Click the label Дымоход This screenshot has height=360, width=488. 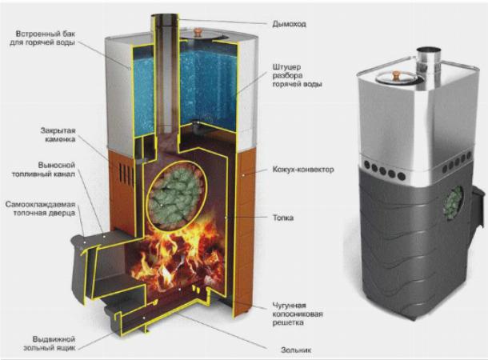point(289,24)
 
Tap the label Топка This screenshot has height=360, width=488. point(283,218)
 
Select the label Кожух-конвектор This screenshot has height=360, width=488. point(303,170)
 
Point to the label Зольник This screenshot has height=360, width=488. point(296,350)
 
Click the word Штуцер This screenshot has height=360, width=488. point(286,67)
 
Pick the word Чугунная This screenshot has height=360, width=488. point(289,306)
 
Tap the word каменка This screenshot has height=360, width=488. point(60,139)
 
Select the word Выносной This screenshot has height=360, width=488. point(57,166)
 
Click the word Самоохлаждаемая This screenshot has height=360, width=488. point(41,205)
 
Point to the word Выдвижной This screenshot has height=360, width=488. point(54,339)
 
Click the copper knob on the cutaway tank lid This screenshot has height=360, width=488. point(197,32)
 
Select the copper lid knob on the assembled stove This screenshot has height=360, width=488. point(395,75)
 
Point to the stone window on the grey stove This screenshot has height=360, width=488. point(453,202)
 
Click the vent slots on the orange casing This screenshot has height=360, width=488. point(126,175)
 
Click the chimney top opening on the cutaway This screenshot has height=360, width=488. point(165,16)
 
